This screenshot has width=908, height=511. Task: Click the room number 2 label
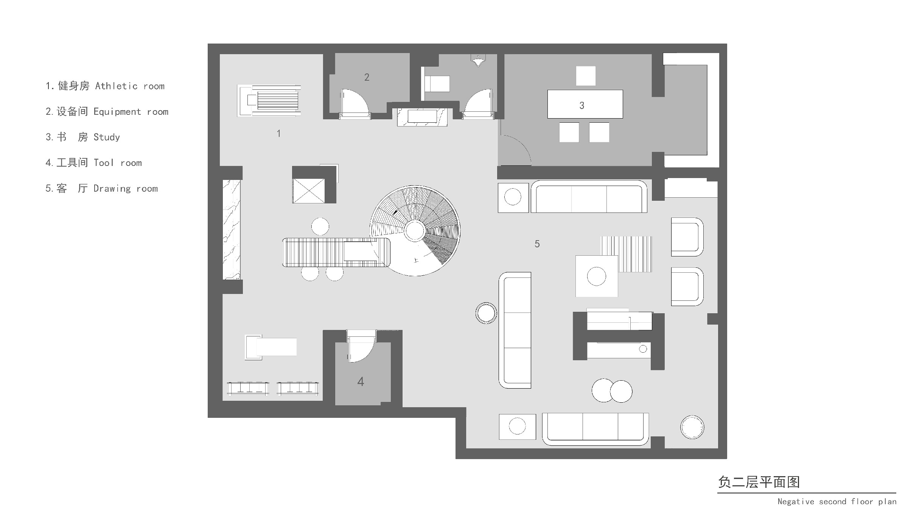point(367,77)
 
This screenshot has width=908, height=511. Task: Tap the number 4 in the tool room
point(361,381)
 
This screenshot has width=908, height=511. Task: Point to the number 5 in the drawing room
point(537,244)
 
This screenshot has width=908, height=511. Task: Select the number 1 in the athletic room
point(279,133)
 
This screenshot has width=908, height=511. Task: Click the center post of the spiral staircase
point(415,231)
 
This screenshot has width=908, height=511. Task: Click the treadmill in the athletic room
point(269,100)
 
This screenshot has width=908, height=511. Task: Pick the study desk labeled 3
point(585,104)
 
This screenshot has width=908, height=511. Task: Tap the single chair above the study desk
point(586,76)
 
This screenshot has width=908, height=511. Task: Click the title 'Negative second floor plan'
point(837,502)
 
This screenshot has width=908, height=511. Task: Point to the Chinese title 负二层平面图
point(759,482)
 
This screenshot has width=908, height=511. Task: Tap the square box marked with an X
point(308,191)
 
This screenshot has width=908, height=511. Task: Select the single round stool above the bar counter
point(320,227)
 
